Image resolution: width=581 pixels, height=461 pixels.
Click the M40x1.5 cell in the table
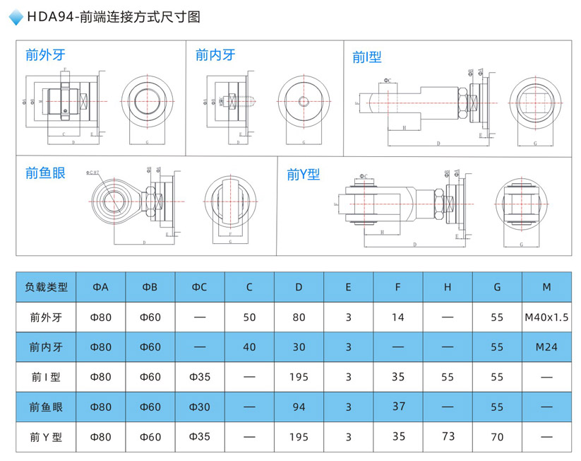pos(546,317)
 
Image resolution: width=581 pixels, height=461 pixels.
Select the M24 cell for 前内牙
pos(546,347)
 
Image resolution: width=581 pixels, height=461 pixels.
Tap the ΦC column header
pos(200,287)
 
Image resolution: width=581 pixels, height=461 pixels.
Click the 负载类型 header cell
pos(47,287)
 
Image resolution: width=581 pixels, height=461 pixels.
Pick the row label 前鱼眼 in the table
pos(47,407)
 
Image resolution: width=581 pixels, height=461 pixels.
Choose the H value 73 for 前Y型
pos(448,436)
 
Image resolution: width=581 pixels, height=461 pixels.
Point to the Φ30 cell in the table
pos(200,407)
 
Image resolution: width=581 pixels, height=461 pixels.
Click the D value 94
pos(299,407)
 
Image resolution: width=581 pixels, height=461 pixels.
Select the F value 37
pos(398,406)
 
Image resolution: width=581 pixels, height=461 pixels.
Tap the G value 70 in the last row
pos(497,437)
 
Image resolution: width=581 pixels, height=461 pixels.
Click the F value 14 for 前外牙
pos(398,317)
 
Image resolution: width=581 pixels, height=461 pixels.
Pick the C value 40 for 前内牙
pos(249,347)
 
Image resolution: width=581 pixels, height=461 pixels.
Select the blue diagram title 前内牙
pos(215,54)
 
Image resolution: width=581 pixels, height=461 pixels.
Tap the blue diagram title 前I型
pos(367,57)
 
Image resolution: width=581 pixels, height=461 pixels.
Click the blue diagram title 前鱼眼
pos(45,173)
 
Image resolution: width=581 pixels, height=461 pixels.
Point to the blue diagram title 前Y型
pos(304,174)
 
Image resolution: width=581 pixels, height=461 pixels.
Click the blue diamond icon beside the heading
pos(16,18)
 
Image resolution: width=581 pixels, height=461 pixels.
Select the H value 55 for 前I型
pos(448,377)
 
